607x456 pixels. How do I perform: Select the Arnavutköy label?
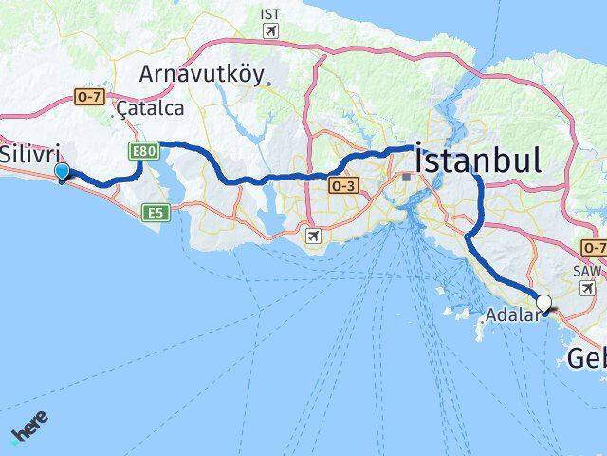pos(204,73)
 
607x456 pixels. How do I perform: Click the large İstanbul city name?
pos(479,160)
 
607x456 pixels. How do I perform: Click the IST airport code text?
pos(270,14)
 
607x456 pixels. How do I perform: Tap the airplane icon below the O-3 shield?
pos(314,235)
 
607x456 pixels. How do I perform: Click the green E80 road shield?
pos(141,150)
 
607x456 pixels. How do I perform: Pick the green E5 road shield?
pos(156,214)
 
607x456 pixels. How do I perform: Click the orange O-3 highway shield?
pos(343,187)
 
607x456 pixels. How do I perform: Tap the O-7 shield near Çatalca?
pos(88,97)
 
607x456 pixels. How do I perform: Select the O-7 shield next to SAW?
pos(595,247)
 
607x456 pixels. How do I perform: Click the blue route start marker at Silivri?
pos(63,172)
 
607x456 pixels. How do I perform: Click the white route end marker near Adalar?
pos(544,304)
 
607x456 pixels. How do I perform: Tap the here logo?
pos(28,427)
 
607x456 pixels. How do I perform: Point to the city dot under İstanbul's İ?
pos(407,177)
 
